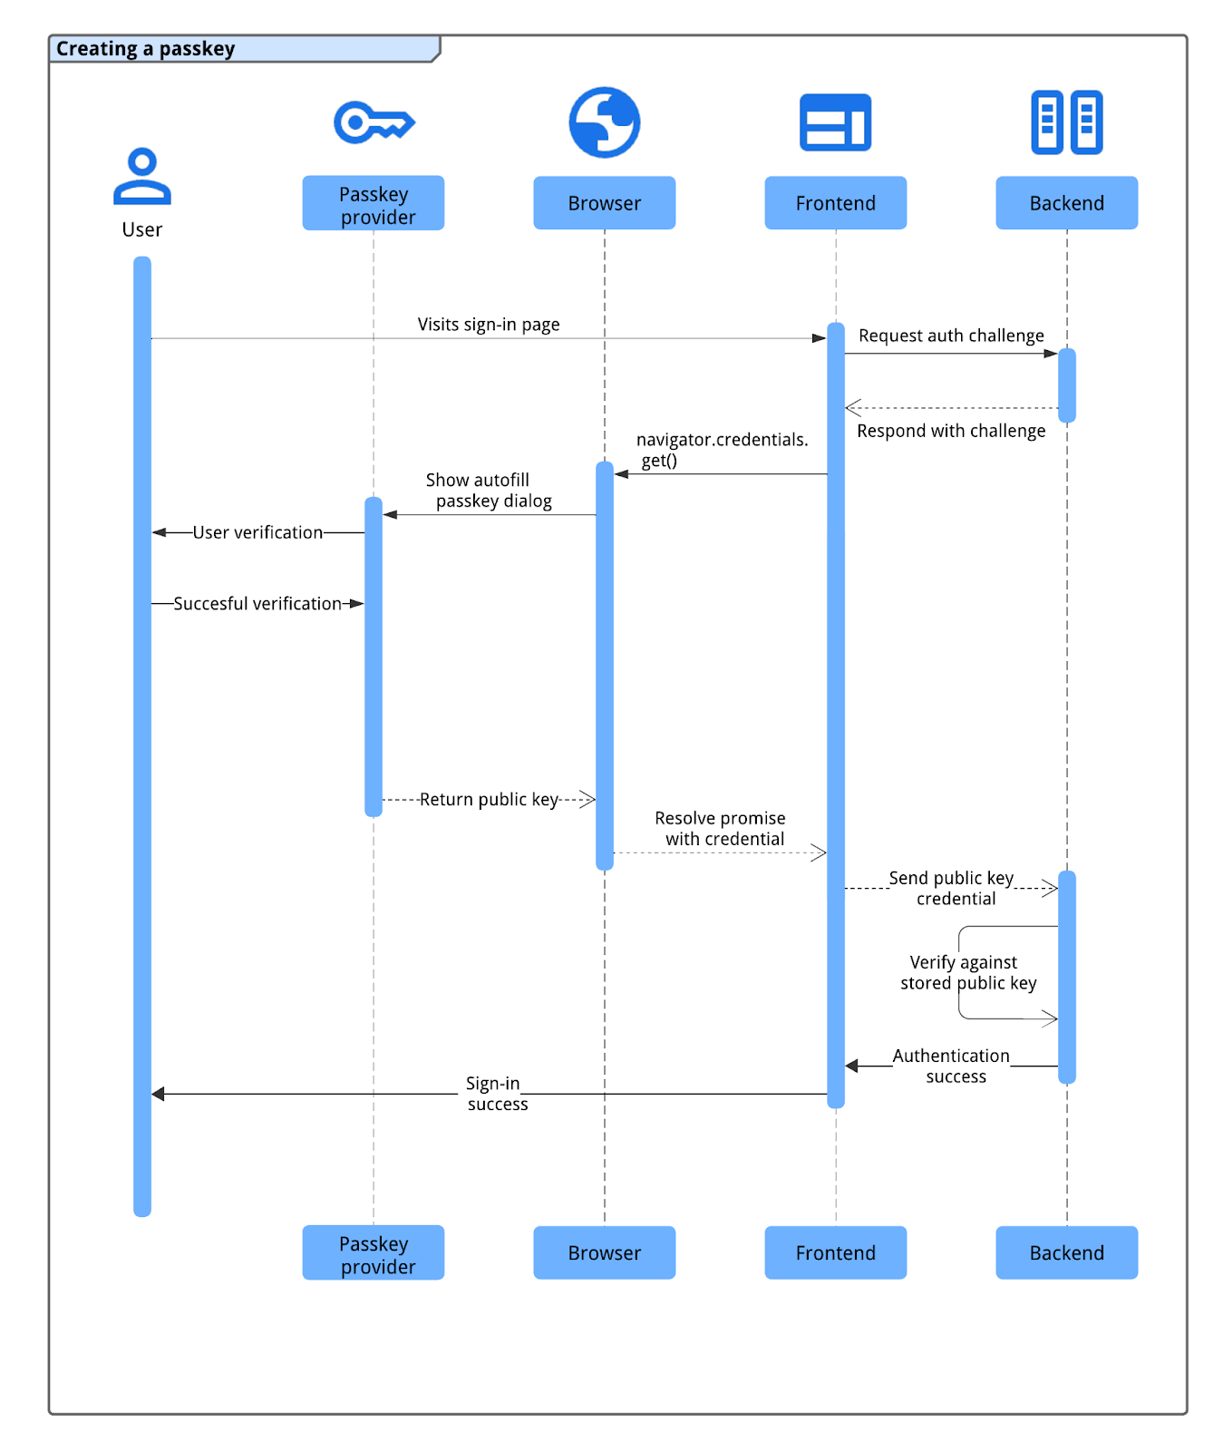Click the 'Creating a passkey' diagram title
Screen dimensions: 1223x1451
(x=145, y=49)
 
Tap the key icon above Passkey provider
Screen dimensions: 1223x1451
(x=373, y=122)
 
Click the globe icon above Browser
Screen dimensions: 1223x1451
(x=604, y=122)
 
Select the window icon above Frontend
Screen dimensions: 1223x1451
(x=835, y=122)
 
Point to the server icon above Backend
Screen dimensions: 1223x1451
(x=1066, y=122)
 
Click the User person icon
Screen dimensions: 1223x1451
(x=142, y=176)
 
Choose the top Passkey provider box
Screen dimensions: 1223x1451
(x=373, y=204)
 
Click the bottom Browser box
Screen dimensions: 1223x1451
(x=604, y=1252)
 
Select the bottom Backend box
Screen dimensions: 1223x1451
(x=1066, y=1252)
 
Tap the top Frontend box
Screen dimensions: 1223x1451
(x=835, y=203)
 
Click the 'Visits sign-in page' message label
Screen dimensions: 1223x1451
(x=489, y=325)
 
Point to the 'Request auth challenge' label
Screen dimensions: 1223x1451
(x=951, y=336)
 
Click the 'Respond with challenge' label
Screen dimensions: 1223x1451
(x=951, y=431)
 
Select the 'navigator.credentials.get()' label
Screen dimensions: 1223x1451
(x=721, y=450)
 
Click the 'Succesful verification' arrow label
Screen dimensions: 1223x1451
(x=257, y=604)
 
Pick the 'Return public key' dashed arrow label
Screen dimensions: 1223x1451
(x=489, y=800)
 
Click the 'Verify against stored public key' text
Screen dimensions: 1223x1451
(x=967, y=973)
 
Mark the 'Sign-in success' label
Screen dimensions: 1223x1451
(x=495, y=1094)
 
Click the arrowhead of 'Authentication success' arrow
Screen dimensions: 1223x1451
(x=851, y=1066)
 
